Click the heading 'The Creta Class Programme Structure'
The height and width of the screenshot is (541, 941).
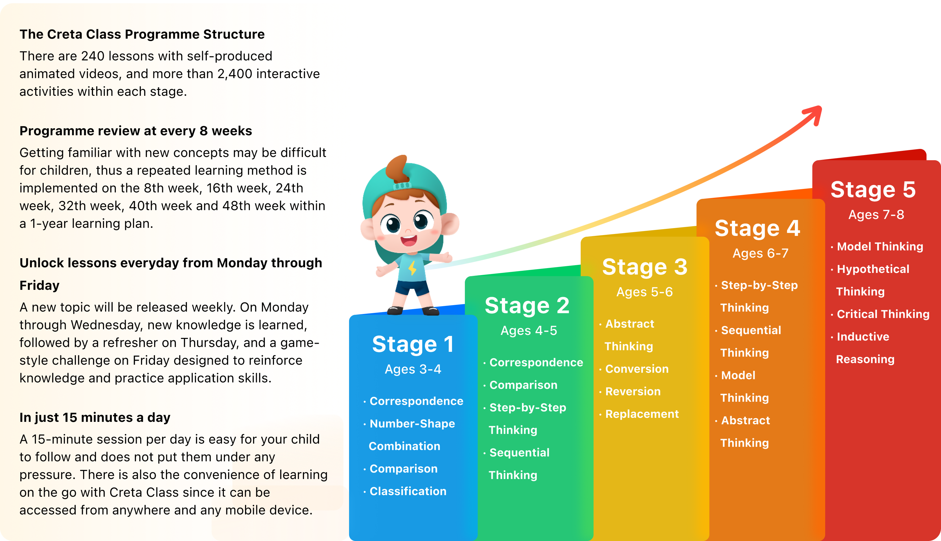pos(142,34)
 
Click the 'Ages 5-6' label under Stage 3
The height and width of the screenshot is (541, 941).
pos(644,292)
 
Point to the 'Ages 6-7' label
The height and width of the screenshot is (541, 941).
pos(760,253)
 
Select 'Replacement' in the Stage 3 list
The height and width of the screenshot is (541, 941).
pos(642,414)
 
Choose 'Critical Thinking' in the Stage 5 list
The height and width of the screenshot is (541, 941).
pos(883,314)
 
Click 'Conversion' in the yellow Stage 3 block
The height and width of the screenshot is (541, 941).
pos(637,369)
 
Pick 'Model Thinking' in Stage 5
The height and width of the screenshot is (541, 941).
pos(880,246)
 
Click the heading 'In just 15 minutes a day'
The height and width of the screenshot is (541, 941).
pos(95,417)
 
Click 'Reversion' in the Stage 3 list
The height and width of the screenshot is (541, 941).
pos(633,391)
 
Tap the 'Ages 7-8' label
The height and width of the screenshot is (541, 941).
pos(876,214)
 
